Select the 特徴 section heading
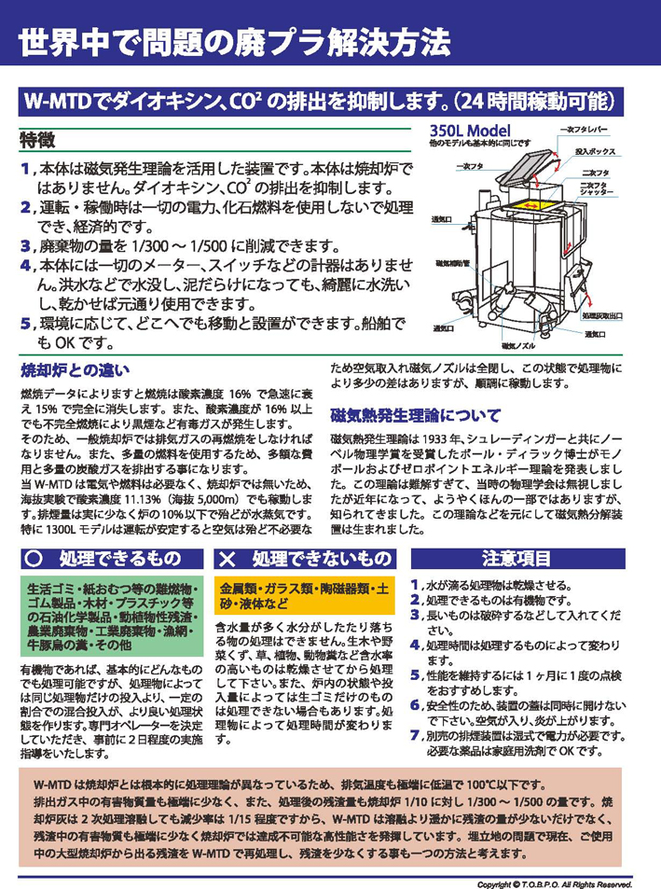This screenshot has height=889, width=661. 38,141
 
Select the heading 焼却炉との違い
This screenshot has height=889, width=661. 69,371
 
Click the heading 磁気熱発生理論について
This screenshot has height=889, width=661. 415,415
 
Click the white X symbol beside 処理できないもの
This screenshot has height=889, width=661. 227,559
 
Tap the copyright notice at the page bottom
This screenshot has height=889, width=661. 554,883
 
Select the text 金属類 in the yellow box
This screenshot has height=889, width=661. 240,590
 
